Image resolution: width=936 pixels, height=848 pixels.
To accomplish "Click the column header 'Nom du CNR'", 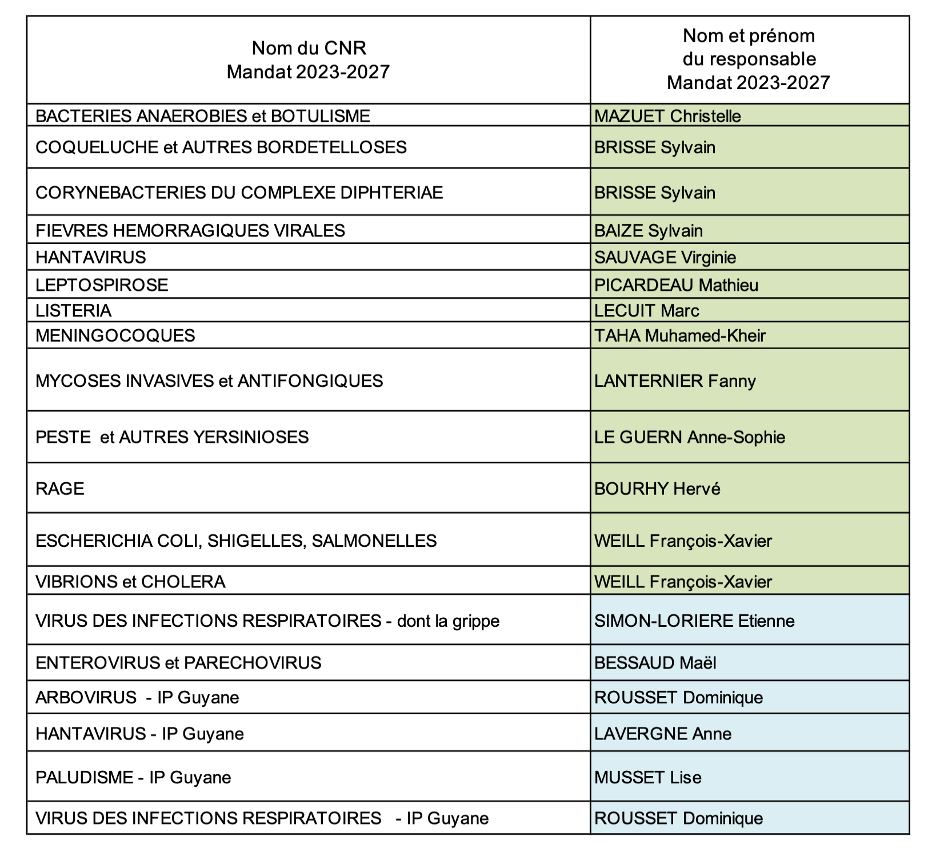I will click(309, 48).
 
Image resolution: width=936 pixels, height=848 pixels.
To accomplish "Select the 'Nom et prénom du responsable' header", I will click(749, 59).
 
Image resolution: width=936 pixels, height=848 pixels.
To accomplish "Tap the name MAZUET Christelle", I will click(667, 116).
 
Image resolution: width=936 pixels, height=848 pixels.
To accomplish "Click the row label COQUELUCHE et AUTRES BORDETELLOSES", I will click(221, 147).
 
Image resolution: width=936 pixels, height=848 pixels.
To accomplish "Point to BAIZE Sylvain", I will click(649, 230).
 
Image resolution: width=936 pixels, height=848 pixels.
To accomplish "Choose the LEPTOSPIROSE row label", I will click(102, 285).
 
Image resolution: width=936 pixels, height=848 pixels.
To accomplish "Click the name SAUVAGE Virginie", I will click(665, 257).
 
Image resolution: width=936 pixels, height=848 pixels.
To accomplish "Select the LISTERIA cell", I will click(73, 310).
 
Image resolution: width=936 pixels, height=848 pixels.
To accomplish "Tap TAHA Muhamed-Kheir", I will click(680, 335).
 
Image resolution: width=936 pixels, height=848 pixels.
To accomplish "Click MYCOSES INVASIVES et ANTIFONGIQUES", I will click(209, 381).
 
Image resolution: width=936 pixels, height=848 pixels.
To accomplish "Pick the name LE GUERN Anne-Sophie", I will click(690, 437).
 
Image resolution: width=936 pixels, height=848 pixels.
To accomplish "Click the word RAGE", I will click(60, 489).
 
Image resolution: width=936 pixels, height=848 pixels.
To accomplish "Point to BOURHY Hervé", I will click(657, 489).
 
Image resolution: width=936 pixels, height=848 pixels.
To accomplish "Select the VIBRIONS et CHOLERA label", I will click(130, 582).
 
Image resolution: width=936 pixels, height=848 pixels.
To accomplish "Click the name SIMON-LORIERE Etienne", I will click(694, 621).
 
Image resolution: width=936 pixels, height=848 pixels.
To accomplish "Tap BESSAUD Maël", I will click(655, 663).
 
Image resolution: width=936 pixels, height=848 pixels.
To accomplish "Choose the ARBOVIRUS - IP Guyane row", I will click(137, 698).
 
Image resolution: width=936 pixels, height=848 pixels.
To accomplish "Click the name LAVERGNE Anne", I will click(663, 734).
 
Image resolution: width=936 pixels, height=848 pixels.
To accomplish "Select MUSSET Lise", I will click(648, 777).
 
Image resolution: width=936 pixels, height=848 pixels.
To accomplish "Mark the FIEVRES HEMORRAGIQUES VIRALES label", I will click(190, 230).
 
